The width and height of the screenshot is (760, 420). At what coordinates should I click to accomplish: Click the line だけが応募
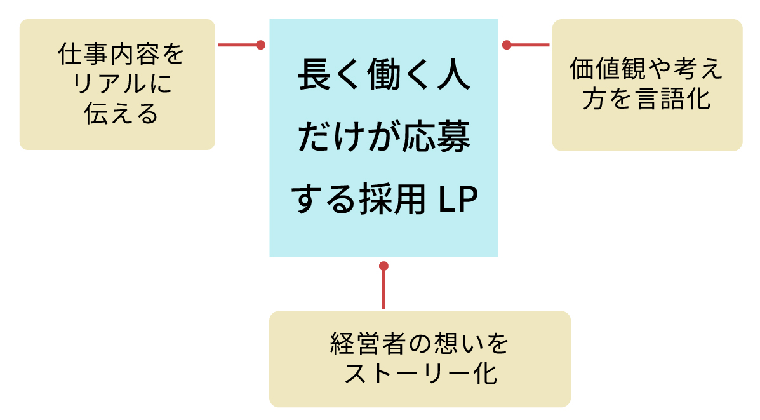[x=384, y=139]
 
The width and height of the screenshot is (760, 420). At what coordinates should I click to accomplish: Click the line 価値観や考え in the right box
[x=646, y=69]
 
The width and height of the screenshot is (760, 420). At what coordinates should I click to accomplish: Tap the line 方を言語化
[x=646, y=100]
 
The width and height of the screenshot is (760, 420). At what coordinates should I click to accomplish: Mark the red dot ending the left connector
[x=260, y=45]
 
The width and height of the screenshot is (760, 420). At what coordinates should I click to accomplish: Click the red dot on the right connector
[x=507, y=45]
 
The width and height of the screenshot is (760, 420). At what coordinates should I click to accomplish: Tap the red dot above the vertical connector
[x=383, y=266]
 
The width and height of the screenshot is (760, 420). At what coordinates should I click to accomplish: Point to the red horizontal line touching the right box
[x=530, y=45]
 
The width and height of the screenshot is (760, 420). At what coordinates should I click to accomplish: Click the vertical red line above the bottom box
[x=383, y=289]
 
